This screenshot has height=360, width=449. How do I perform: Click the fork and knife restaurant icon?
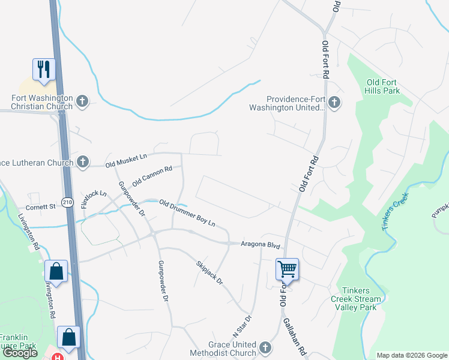pos(44,70)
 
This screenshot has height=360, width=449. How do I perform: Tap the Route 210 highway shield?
pos(68,203)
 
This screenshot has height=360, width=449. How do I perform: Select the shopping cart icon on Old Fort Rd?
pos(287,269)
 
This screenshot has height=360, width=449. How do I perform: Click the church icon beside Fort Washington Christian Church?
pos(83,102)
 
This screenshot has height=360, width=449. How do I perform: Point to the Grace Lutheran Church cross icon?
pos(83,162)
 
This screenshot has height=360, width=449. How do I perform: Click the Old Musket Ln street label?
pos(126,161)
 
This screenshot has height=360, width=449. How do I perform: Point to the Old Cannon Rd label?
pos(152,175)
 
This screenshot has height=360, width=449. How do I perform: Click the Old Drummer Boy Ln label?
pos(187,212)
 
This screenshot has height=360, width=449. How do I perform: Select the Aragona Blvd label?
pos(261,245)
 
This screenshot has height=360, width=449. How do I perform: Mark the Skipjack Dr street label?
pos(209,272)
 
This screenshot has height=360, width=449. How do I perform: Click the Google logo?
pos(20,353)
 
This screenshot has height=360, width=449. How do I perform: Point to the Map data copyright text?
pos(411,355)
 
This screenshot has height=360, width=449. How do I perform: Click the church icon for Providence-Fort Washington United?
pos(334,103)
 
